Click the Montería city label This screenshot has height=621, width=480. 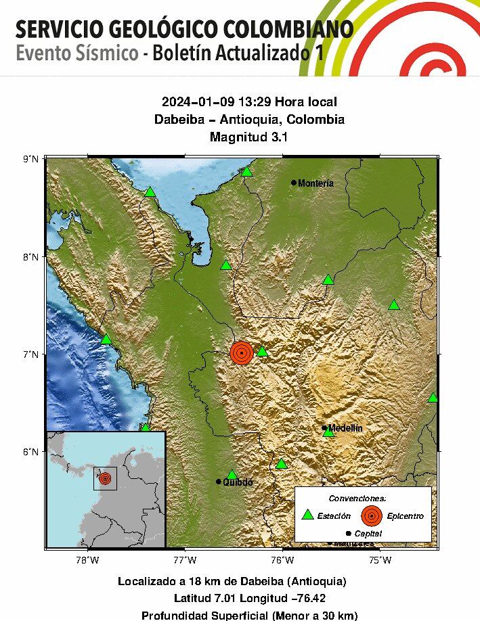[x=316, y=183]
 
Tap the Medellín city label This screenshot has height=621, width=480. [x=345, y=428]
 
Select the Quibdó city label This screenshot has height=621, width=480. [x=238, y=482]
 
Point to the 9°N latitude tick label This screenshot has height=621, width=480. [x=31, y=159]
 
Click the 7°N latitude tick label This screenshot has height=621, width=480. [x=31, y=354]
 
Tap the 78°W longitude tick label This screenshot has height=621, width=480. [x=87, y=560]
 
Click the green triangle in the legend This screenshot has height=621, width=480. [x=307, y=515]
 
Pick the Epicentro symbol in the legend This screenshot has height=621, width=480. [x=370, y=515]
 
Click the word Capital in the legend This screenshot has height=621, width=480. [x=368, y=534]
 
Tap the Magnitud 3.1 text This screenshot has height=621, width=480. [x=249, y=137]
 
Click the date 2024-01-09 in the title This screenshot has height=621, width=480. [x=194, y=102]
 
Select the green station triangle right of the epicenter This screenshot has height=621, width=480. [x=263, y=350]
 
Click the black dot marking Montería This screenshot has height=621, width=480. [x=294, y=183]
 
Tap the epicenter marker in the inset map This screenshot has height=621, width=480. [x=105, y=478]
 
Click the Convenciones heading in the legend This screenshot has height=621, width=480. [x=357, y=498]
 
